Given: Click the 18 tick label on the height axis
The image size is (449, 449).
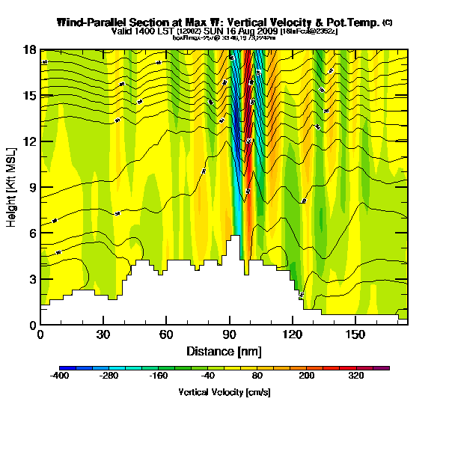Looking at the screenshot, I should click(x=29, y=49).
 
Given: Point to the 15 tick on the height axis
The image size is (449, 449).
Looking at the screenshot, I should click(x=29, y=95).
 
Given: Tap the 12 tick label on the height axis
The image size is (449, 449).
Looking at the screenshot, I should click(x=29, y=141).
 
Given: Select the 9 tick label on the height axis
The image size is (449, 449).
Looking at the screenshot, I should click(x=32, y=187).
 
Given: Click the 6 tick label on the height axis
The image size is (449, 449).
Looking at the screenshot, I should click(x=32, y=233).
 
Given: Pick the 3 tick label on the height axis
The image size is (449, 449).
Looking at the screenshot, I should click(x=32, y=278).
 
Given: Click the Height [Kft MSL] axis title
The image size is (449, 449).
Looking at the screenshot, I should click(x=13, y=187).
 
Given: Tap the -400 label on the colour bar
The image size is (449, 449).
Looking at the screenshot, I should click(x=59, y=376).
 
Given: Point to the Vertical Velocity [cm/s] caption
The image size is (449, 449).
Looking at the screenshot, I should click(x=224, y=392).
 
